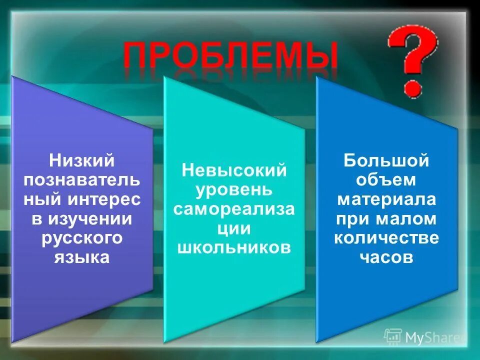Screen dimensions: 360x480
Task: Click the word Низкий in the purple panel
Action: tap(82, 161)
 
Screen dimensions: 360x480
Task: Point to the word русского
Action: tap(82, 238)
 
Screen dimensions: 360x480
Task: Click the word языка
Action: tap(82, 257)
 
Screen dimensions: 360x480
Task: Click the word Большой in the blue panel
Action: tap(386, 161)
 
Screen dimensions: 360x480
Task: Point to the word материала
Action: tap(386, 199)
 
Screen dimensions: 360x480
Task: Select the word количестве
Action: tap(386, 238)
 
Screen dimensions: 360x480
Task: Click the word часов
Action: tap(386, 257)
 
